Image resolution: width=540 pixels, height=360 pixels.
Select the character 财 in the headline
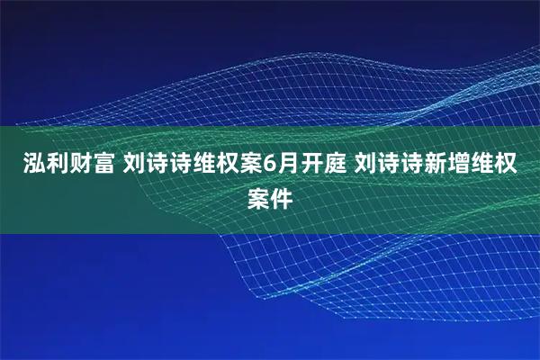(x=71, y=166)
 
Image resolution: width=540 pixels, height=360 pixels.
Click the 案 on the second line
(x=258, y=198)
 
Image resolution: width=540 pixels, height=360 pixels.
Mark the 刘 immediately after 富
(x=131, y=166)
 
